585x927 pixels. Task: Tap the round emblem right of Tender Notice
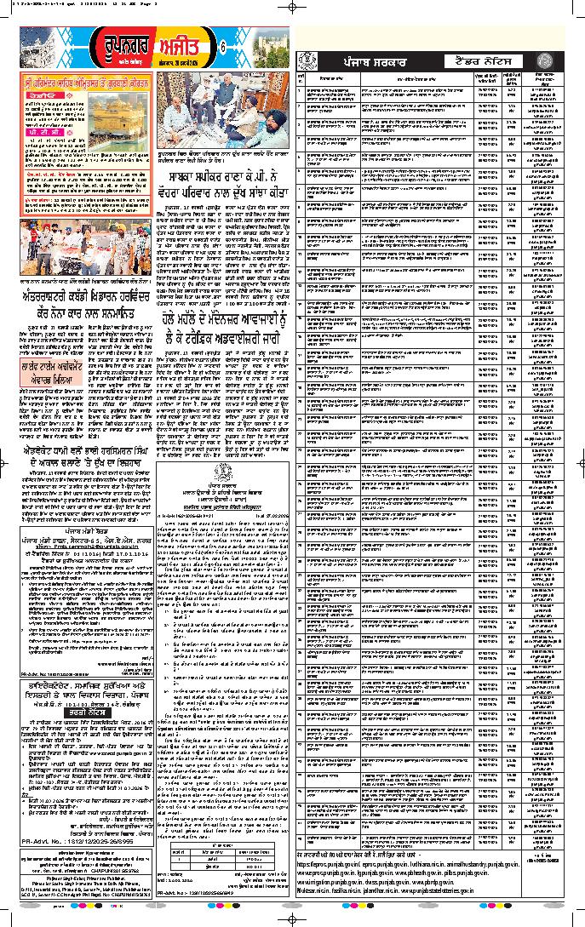click(553, 61)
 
